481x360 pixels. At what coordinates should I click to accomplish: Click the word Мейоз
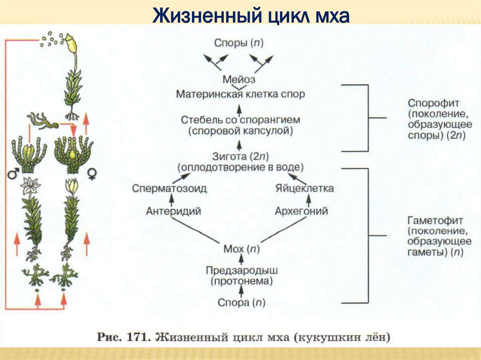pyautogui.click(x=239, y=79)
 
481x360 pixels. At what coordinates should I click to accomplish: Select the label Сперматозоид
pyautogui.click(x=169, y=188)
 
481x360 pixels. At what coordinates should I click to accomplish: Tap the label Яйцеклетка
pyautogui.click(x=304, y=188)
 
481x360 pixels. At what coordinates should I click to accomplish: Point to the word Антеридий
pyautogui.click(x=173, y=211)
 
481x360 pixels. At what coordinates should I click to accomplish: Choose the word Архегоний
pyautogui.click(x=301, y=211)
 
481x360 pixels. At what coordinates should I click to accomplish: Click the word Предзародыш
pyautogui.click(x=242, y=270)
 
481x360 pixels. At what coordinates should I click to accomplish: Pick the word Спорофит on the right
pyautogui.click(x=434, y=103)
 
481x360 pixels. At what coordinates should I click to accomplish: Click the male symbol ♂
pyautogui.click(x=13, y=173)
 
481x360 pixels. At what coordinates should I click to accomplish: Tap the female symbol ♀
pyautogui.click(x=92, y=174)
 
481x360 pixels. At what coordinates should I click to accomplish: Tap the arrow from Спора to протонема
pyautogui.click(x=241, y=291)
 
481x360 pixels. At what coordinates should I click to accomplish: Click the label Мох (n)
pyautogui.click(x=241, y=249)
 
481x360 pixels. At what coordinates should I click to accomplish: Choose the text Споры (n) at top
pyautogui.click(x=239, y=43)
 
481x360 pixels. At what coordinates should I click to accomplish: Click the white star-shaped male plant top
pyautogui.click(x=30, y=185)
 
